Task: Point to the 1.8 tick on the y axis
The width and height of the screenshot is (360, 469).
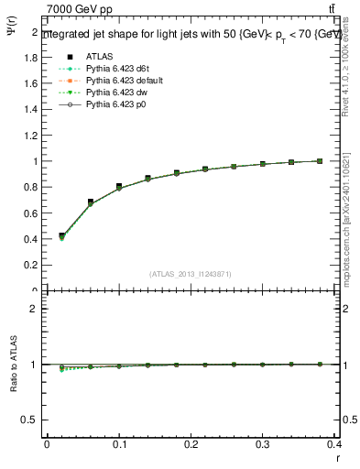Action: click(x=33, y=57)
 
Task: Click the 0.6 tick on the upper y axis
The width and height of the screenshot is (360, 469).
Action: click(x=33, y=213)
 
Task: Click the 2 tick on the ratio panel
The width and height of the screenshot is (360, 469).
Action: click(x=36, y=309)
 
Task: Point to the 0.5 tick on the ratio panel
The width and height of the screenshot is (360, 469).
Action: click(x=33, y=420)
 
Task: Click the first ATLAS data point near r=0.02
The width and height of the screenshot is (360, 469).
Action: click(x=61, y=236)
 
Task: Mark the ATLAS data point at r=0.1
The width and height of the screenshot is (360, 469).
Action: click(x=119, y=187)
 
